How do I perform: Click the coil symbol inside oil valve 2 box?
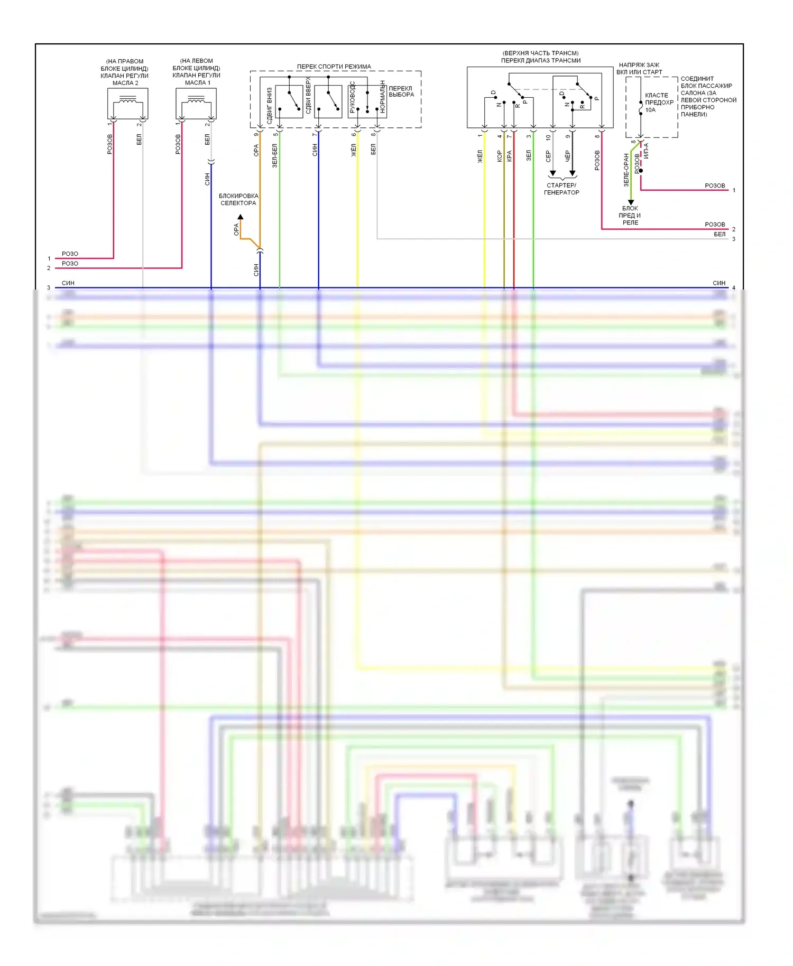click(127, 99)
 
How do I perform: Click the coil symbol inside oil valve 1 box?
click(196, 99)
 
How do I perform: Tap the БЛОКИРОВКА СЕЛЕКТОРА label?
click(238, 199)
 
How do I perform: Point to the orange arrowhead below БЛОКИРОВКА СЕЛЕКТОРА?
click(240, 217)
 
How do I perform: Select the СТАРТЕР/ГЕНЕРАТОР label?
click(561, 189)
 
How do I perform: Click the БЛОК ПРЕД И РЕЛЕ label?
click(630, 215)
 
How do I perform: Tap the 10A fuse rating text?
click(650, 110)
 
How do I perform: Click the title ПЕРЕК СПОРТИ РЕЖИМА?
click(334, 67)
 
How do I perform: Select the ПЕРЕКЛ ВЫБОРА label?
click(401, 91)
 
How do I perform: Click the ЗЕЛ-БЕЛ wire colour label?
click(275, 156)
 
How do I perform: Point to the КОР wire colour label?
click(500, 156)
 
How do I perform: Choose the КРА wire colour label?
click(510, 156)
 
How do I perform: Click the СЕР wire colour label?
click(548, 156)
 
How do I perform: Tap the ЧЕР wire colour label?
click(568, 156)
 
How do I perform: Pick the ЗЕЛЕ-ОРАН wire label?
click(626, 170)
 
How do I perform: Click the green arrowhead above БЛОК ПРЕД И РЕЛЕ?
click(631, 202)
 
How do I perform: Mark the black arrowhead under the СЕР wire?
click(552, 173)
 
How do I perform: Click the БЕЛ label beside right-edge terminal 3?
click(720, 234)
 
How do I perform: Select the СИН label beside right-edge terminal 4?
click(719, 283)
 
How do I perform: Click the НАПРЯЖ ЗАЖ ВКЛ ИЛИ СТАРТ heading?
click(639, 68)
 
